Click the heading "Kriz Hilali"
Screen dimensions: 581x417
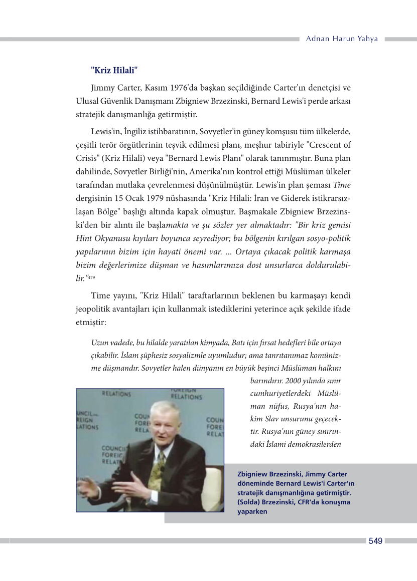114,70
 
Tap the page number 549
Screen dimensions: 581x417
375,541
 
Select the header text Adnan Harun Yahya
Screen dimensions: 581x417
342,39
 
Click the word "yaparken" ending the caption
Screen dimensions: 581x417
252,511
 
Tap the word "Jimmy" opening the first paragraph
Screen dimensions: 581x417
102,89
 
